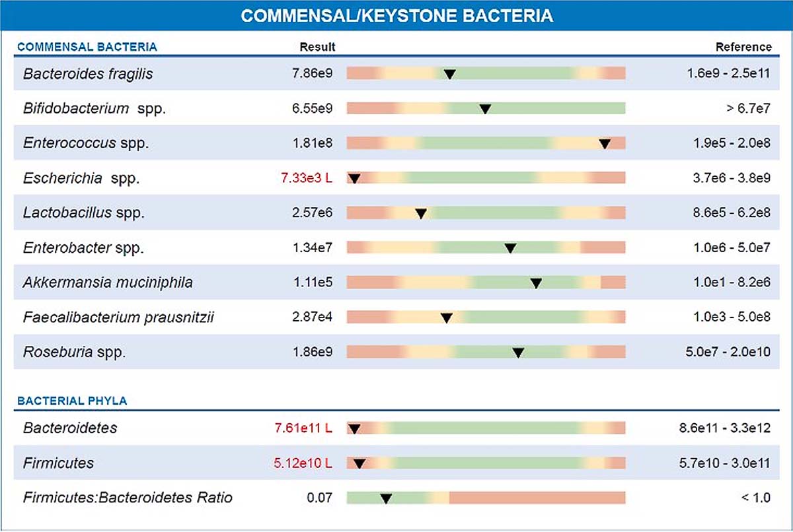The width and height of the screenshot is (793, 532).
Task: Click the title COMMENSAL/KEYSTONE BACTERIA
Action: pyautogui.click(x=397, y=16)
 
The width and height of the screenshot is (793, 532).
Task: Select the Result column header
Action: pyautogui.click(x=317, y=47)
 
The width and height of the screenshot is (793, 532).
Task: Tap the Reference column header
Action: pyautogui.click(x=743, y=47)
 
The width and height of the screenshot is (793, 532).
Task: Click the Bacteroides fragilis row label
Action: pyautogui.click(x=88, y=74)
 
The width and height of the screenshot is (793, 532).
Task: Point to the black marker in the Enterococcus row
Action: pyautogui.click(x=605, y=144)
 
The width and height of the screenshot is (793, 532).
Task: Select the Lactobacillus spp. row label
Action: pyautogui.click(x=84, y=213)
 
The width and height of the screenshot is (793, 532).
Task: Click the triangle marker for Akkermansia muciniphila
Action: pyautogui.click(x=537, y=283)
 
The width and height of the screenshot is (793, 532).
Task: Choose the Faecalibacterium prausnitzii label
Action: pyautogui.click(x=118, y=318)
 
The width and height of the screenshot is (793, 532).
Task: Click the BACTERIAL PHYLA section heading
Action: pyautogui.click(x=72, y=401)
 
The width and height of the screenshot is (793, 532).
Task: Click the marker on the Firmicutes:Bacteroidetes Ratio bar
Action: pyautogui.click(x=386, y=498)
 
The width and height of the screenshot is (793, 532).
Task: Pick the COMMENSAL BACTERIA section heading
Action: pyautogui.click(x=87, y=47)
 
